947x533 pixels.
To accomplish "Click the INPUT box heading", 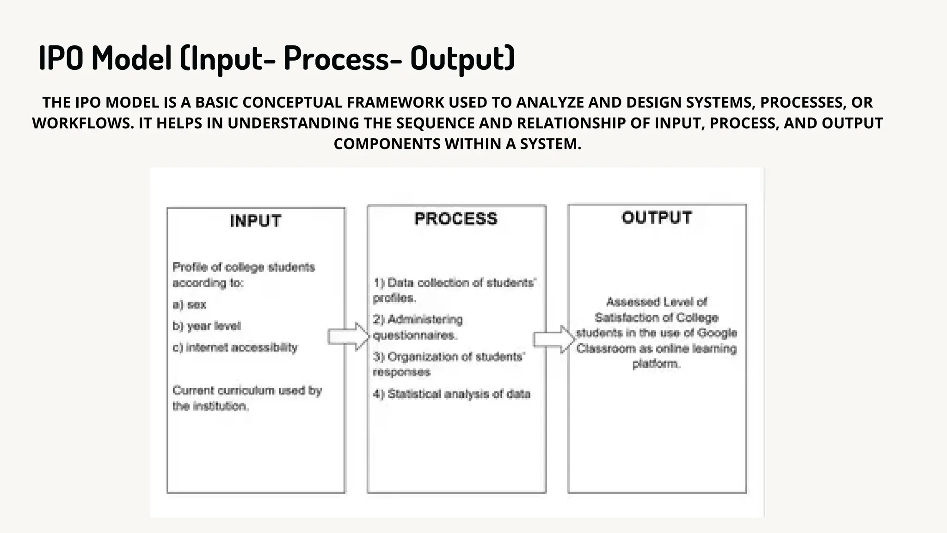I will coord(255,221).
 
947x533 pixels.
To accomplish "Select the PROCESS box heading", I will coord(455,219).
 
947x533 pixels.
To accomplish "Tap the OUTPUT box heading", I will coord(657,217).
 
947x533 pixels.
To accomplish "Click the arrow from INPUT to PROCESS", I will coord(349,336).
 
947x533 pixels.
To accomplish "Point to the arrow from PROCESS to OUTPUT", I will coord(554,339).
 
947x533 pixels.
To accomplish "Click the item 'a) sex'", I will coord(189,304).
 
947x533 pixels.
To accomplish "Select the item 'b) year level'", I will coord(206,326).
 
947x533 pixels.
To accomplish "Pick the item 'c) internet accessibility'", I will coord(235,347).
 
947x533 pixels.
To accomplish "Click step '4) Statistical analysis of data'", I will coord(451,394).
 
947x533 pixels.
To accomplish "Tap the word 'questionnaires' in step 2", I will coord(415,335).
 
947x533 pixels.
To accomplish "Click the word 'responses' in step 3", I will coord(401,372).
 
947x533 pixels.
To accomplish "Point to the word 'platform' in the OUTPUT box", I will coord(656,364).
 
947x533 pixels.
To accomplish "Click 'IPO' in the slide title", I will coord(61,58).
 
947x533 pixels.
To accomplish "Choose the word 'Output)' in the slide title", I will coord(462,58).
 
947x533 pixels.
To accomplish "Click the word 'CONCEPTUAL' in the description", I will coord(292,102).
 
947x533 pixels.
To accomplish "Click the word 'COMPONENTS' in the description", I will coord(387,144).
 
